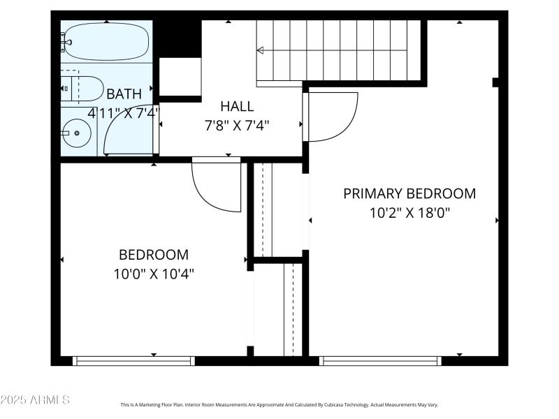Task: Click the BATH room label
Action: (x=124, y=94)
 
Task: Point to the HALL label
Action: (x=237, y=107)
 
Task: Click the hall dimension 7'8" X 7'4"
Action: (x=237, y=125)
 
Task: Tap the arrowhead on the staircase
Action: (x=260, y=50)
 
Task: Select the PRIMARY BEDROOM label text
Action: (x=409, y=193)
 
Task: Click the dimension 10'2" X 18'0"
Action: (x=409, y=212)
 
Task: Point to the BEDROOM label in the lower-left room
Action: (x=154, y=255)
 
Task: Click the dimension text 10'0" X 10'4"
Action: (x=154, y=274)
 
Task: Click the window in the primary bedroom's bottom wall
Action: (x=381, y=361)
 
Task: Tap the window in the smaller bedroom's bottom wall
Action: (x=133, y=361)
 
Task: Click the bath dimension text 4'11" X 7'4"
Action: (x=124, y=112)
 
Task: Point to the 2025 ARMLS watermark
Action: (x=35, y=400)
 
